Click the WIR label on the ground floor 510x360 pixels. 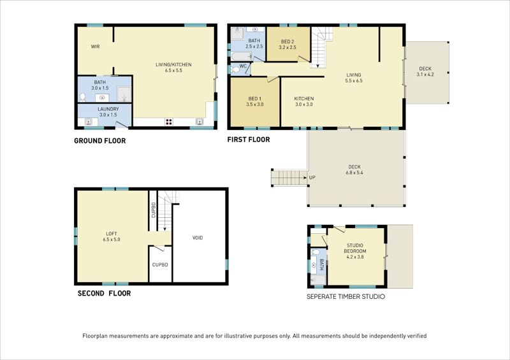(x=96, y=47)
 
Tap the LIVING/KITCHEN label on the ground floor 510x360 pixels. (x=173, y=64)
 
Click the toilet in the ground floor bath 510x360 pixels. (x=83, y=97)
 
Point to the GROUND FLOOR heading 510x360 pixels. (x=99, y=141)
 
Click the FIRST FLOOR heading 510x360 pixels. (x=248, y=140)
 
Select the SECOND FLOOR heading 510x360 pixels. (x=104, y=294)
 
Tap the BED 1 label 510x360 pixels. (x=256, y=99)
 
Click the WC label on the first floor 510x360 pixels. (x=244, y=66)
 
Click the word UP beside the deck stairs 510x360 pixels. (x=312, y=177)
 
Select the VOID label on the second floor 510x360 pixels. (x=198, y=238)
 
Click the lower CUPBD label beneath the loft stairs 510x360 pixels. (x=160, y=264)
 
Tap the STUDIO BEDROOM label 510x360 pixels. (x=355, y=248)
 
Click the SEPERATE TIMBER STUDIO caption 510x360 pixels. (x=346, y=297)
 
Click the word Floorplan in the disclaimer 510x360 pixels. (x=98, y=336)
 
